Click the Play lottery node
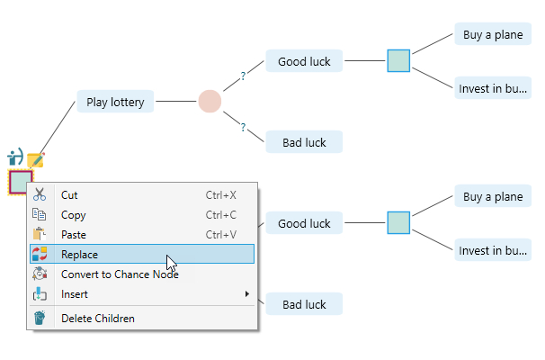[115, 102]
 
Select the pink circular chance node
[210, 102]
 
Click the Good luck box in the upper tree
[304, 62]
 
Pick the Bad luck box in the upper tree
[304, 142]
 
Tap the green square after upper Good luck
[398, 61]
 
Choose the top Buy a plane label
[492, 35]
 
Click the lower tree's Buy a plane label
[492, 197]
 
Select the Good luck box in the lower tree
[304, 223]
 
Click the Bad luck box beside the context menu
[304, 304]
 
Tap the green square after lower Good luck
[398, 222]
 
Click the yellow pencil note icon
[36, 160]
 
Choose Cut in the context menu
[69, 194]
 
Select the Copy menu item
[73, 215]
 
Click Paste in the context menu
[74, 235]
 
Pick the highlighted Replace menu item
[79, 255]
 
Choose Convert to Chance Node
[119, 274]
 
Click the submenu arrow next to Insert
[247, 294]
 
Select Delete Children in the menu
[97, 318]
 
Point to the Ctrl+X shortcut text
[220, 194]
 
